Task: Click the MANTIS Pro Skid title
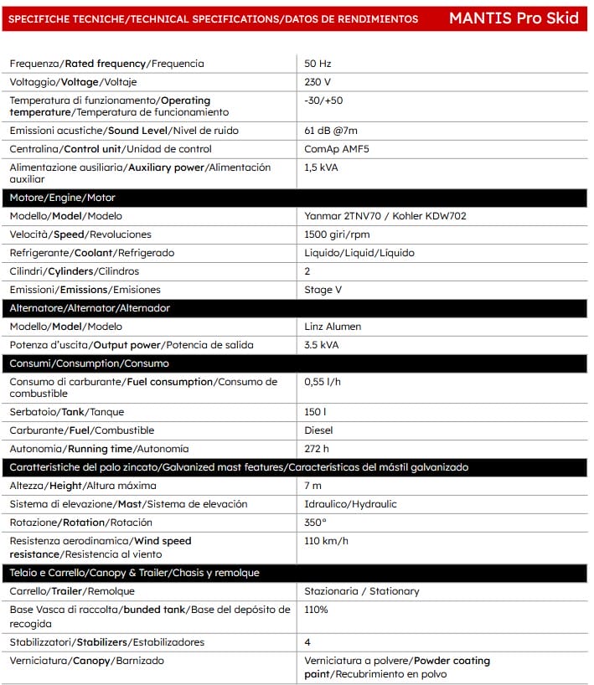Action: pos(514,18)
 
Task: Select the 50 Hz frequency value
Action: pos(318,64)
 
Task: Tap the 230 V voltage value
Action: pos(318,82)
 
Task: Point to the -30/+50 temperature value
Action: pos(323,100)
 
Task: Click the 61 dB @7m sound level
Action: pos(332,131)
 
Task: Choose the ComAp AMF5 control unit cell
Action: pos(337,149)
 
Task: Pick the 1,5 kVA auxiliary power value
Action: pos(323,167)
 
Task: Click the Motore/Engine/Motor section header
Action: pos(62,198)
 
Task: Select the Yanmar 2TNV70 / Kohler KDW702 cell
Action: pos(385,216)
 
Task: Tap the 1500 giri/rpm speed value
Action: pos(338,234)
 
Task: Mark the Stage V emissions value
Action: pos(323,290)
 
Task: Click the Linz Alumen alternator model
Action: pos(333,327)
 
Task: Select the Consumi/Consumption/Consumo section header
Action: pos(89,363)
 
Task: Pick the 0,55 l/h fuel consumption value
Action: pos(323,382)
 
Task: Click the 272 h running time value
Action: pos(317,449)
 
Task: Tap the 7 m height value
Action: pos(312,486)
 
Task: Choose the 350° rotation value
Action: pos(315,523)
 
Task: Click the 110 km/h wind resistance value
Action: pos(326,541)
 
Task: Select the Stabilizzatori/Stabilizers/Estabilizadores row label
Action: pos(106,642)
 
